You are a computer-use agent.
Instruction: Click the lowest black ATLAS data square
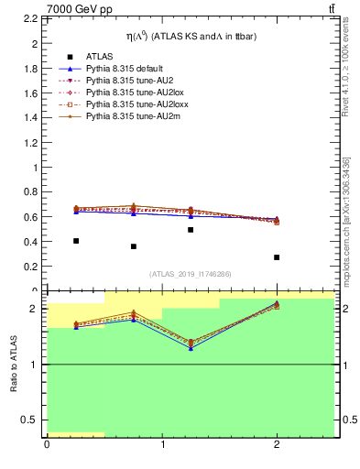pos(277,257)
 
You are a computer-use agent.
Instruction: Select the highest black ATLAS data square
pos(191,230)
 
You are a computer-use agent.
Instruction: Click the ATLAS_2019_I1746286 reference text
pos(190,274)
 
